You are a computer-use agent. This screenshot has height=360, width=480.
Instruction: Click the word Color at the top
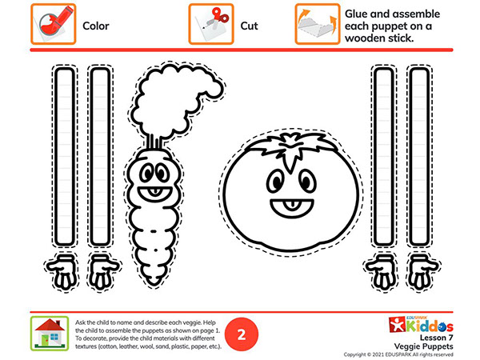(x=96, y=26)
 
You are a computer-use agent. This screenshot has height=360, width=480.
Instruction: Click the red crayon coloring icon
(x=54, y=24)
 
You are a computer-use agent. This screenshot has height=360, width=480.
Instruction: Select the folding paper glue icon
(x=318, y=24)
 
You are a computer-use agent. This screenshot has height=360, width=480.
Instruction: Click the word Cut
(x=249, y=26)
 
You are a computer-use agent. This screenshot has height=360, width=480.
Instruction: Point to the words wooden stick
(x=379, y=38)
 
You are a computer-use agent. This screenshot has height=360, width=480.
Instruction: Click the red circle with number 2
(x=242, y=334)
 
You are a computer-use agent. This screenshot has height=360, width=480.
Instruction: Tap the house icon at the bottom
(x=50, y=334)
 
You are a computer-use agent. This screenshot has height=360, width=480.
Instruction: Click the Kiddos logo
(x=421, y=325)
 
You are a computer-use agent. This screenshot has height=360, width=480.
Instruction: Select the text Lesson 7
(x=436, y=338)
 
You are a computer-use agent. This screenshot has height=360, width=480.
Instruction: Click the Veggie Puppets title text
(x=424, y=346)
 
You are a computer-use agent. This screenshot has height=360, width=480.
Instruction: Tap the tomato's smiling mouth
(x=292, y=208)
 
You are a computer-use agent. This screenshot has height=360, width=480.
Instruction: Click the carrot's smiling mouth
(x=154, y=194)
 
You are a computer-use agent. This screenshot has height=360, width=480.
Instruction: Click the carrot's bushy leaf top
(x=176, y=98)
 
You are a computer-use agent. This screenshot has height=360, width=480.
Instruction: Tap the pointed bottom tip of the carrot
(x=154, y=286)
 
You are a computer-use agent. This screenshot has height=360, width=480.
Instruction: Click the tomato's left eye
(x=276, y=181)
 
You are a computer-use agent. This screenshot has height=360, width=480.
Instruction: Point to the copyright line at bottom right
(x=398, y=354)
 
